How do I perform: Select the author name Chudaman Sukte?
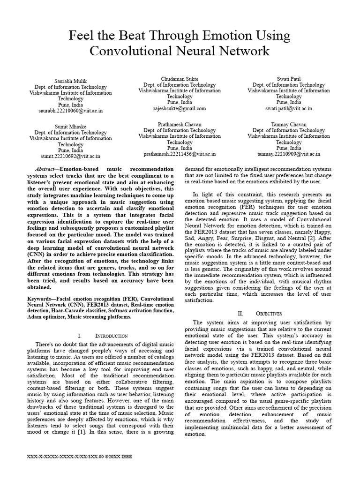[x=180, y=79]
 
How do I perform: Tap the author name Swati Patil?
[x=289, y=79]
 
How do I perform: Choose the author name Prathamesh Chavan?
[x=180, y=124]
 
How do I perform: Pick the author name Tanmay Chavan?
[x=289, y=124]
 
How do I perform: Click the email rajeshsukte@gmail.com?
[x=180, y=108]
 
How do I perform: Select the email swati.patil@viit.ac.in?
[x=289, y=108]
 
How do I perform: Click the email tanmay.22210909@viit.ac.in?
[x=289, y=153]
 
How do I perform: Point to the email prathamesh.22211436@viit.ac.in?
[x=180, y=153]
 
